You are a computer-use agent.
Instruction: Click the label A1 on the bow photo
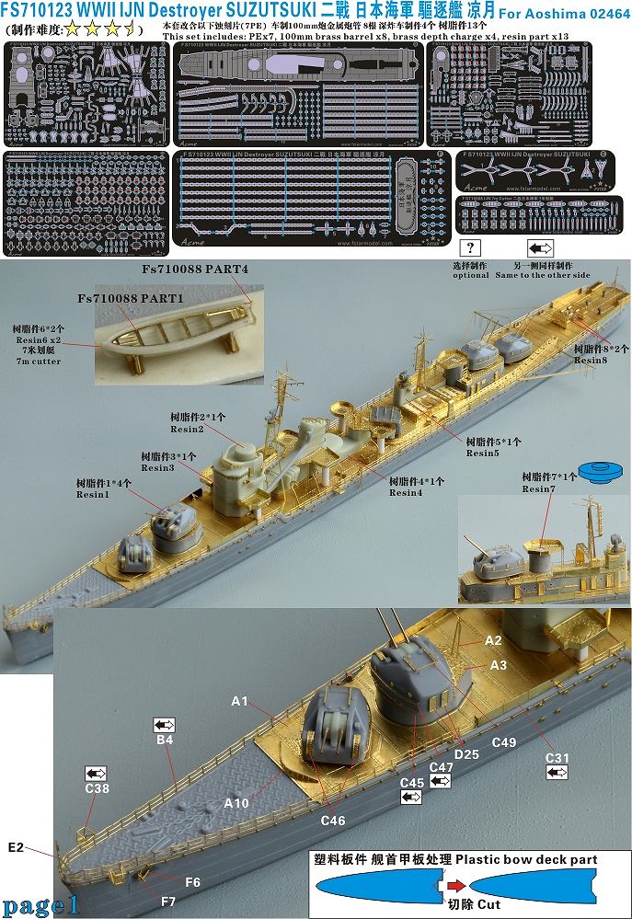[240, 701]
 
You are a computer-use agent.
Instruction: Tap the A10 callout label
[237, 803]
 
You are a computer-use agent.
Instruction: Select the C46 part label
[333, 820]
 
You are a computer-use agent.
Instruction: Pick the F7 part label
[191, 881]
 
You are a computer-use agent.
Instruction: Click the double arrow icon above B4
[165, 725]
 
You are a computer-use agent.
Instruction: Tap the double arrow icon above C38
[95, 773]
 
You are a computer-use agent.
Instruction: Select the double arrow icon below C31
[557, 773]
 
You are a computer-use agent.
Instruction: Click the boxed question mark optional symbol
[471, 247]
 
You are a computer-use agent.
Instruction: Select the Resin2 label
[187, 429]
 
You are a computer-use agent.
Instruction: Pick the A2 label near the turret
[493, 639]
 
